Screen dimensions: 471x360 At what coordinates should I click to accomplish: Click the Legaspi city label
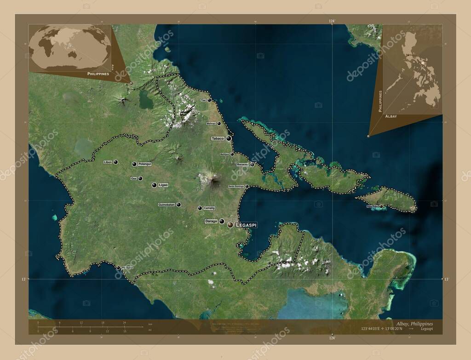click(x=246, y=225)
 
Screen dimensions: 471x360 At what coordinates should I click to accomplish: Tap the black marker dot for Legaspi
click(x=230, y=224)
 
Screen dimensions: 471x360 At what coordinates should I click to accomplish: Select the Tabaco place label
click(x=218, y=138)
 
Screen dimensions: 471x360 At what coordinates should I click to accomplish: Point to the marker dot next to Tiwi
click(x=209, y=100)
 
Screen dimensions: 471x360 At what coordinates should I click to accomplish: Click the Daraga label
click(x=211, y=221)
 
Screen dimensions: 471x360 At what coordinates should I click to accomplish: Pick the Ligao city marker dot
click(x=154, y=185)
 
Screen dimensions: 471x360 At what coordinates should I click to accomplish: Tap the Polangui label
click(x=144, y=164)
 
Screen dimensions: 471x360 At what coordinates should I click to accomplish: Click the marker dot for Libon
click(x=115, y=162)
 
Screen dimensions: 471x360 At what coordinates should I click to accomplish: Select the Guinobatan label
click(x=167, y=205)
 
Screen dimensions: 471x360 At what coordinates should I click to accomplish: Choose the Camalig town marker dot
click(x=200, y=208)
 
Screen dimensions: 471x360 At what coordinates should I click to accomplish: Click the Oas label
click(x=134, y=178)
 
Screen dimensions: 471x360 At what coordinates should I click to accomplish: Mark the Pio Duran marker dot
click(x=118, y=268)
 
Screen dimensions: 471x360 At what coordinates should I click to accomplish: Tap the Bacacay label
click(x=242, y=164)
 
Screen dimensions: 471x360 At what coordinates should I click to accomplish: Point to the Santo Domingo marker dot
click(x=247, y=186)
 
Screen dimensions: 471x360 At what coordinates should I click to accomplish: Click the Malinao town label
click(x=211, y=123)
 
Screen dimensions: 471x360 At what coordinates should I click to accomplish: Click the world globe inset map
click(x=70, y=47)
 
